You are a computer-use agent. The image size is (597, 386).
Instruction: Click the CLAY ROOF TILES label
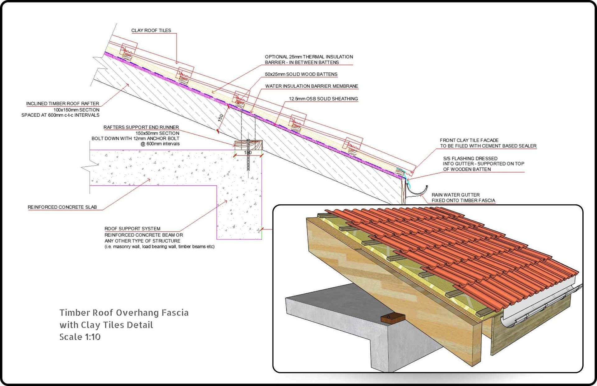click(151, 30)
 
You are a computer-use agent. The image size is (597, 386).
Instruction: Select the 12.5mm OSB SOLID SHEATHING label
click(323, 99)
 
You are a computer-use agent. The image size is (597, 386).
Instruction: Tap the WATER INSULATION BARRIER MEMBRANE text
click(312, 86)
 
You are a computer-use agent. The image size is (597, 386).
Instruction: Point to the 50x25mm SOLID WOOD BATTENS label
click(301, 74)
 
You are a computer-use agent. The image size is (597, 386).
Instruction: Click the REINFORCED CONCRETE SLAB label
click(62, 207)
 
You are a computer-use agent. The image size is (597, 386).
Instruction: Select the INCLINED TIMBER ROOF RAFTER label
click(62, 104)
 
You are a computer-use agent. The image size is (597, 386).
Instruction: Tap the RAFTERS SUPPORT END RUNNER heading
click(141, 128)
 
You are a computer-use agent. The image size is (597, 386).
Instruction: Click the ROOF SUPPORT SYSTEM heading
click(132, 229)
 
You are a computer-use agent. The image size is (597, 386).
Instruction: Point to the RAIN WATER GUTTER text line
click(456, 195)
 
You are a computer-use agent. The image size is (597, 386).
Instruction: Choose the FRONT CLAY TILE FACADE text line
click(469, 141)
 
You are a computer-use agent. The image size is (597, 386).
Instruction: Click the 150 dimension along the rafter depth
click(221, 118)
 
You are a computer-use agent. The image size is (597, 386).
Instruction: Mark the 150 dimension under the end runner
click(248, 153)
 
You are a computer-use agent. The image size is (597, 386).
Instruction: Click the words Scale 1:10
click(80, 337)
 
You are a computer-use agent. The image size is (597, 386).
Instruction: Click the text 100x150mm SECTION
click(76, 110)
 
